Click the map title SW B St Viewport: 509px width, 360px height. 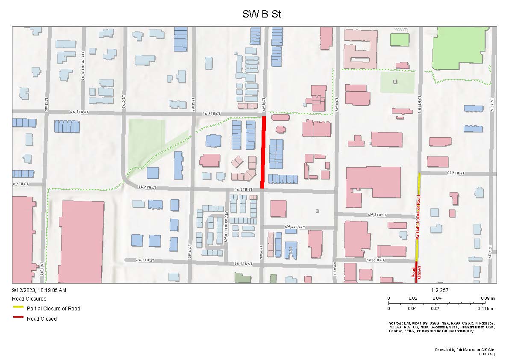click(262, 14)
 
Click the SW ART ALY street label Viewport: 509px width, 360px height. click(294, 227)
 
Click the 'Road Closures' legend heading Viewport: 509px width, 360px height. click(29, 299)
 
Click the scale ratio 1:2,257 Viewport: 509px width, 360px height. click(440, 290)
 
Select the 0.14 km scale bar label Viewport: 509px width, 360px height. click(485, 308)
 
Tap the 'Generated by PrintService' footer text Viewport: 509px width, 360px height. click(464, 350)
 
